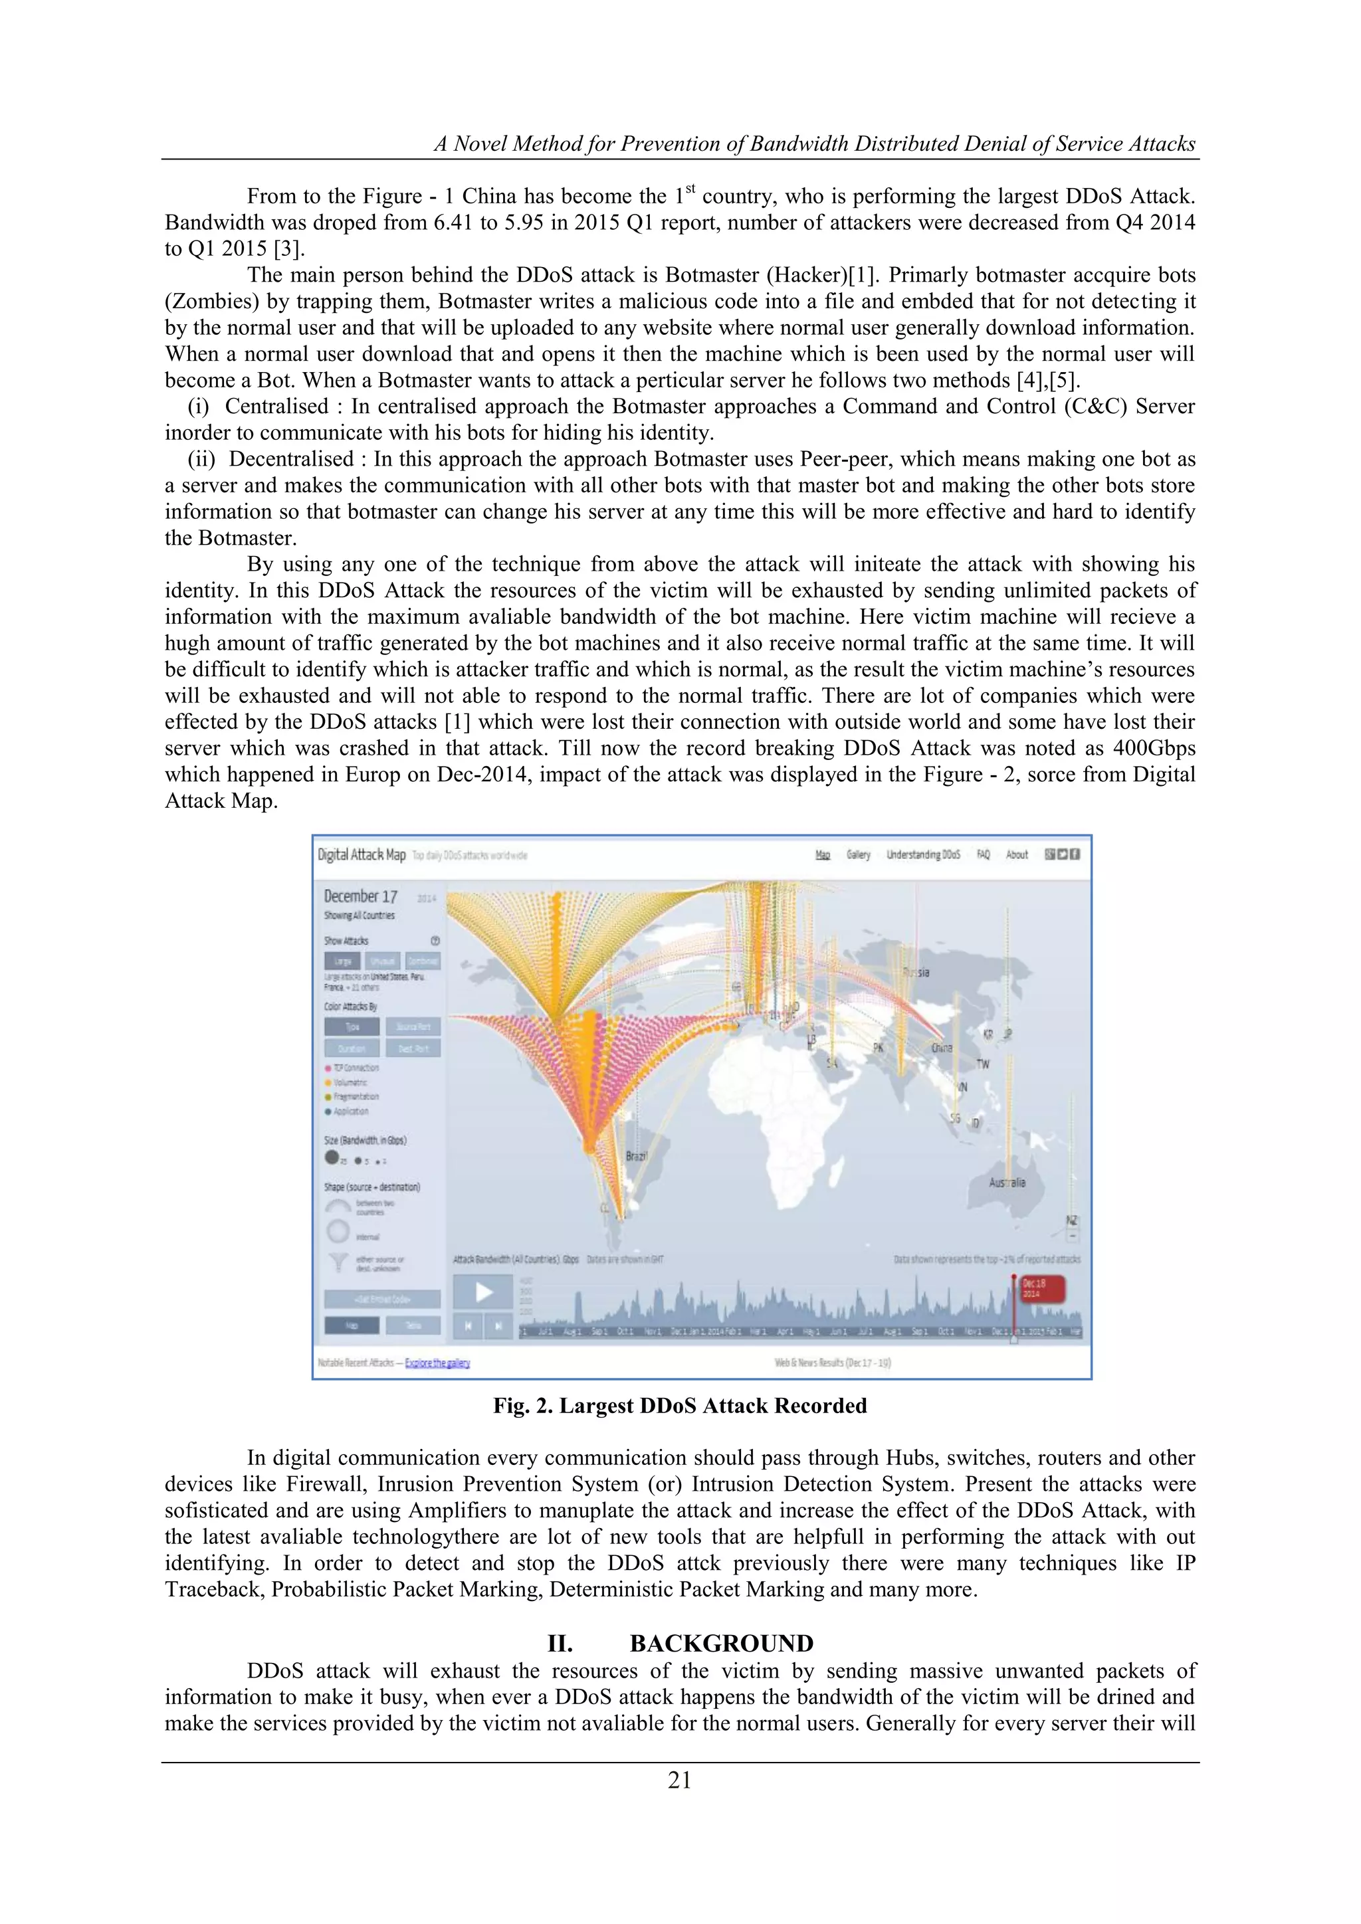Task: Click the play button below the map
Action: [x=484, y=1292]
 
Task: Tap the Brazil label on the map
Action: [x=637, y=1155]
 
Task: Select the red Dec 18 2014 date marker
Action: [x=1042, y=1288]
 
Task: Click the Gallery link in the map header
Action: [x=858, y=855]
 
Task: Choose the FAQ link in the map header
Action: [x=983, y=855]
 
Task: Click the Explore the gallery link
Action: [x=437, y=1363]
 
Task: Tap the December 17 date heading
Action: [x=360, y=896]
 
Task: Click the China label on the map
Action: [x=942, y=1048]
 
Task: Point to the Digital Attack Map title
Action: [x=362, y=855]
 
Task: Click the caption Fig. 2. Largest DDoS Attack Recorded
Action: [x=680, y=1405]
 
